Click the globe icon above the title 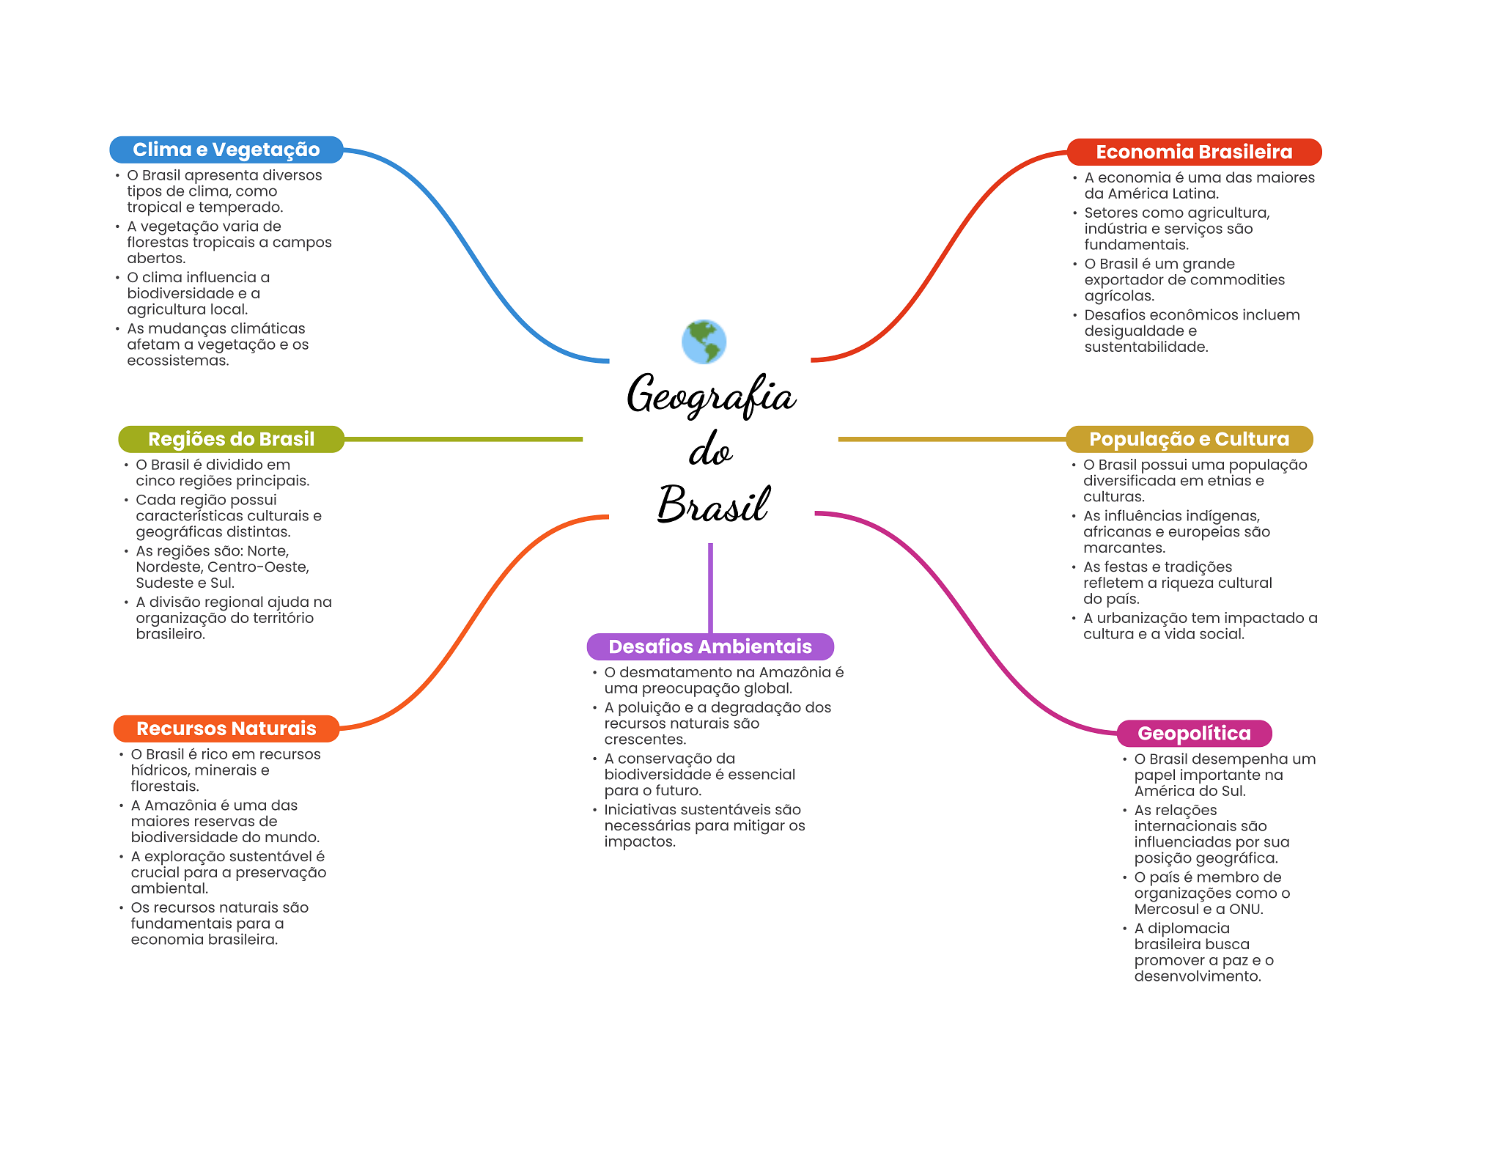(x=704, y=342)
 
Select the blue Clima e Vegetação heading (x=226, y=150)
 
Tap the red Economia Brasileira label (x=1193, y=152)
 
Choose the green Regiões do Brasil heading (x=231, y=439)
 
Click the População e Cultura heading (x=1188, y=439)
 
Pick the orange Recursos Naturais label (x=226, y=729)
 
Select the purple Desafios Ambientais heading (x=709, y=646)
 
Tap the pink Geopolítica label (x=1193, y=733)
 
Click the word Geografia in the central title (x=711, y=395)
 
